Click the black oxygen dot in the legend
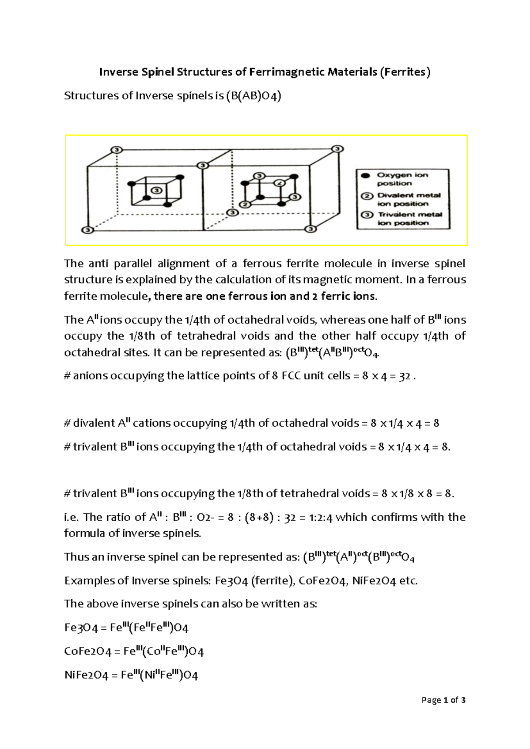click(365, 175)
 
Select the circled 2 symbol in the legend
click(365, 196)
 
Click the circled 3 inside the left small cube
click(155, 190)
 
